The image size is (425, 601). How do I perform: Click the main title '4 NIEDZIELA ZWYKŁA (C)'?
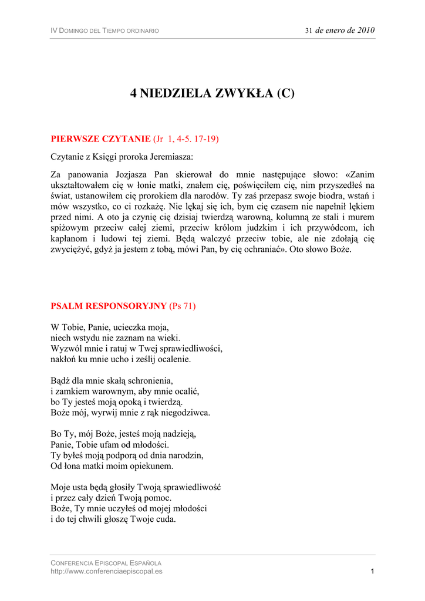coord(212,93)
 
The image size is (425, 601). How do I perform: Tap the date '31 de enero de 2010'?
coord(340,31)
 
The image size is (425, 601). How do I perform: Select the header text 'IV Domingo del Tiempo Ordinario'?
coord(104,31)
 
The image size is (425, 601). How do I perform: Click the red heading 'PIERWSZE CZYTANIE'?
coord(100,139)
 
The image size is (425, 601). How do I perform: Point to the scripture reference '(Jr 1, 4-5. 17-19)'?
coord(186,139)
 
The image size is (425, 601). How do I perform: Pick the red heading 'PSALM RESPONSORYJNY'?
coord(109,306)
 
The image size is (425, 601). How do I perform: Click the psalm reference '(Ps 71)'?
coord(183,306)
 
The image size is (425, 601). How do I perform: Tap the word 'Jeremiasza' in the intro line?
coord(171,157)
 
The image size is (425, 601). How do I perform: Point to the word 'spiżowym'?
coord(69,227)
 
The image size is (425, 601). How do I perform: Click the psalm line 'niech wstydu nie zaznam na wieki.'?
coord(116,337)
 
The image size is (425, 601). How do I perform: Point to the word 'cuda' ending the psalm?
coord(166,519)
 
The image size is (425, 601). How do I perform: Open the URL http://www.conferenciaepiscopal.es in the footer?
coord(106,571)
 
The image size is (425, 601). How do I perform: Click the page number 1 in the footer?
coord(372,571)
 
